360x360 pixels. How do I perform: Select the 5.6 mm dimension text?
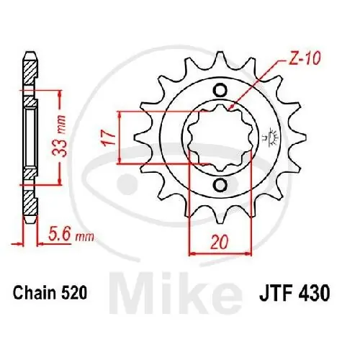[x=71, y=235]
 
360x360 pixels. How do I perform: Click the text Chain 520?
[x=50, y=293]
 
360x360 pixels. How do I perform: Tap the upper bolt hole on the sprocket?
[x=220, y=90]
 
